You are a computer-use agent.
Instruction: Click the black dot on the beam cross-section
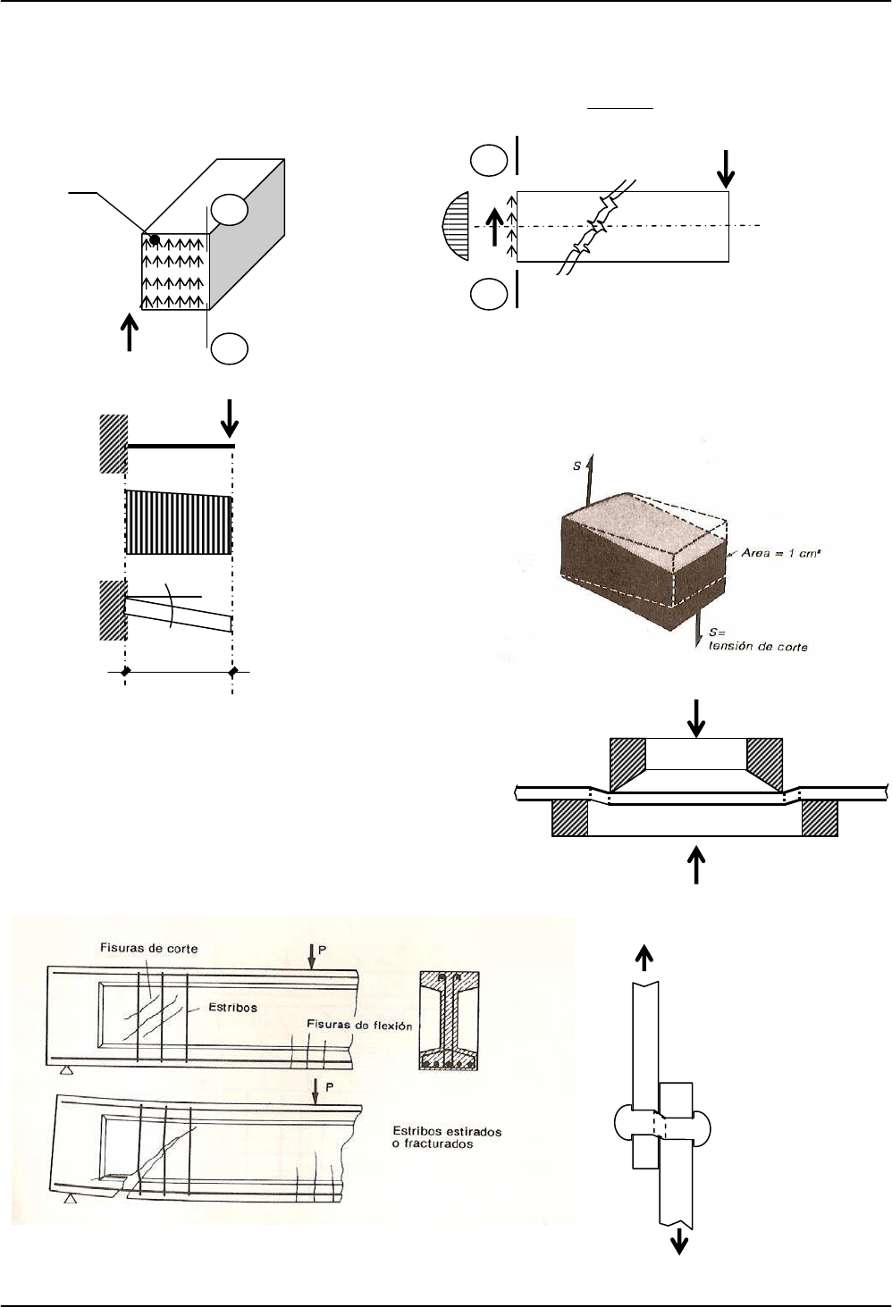155,240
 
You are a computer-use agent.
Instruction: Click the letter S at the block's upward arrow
577,465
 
